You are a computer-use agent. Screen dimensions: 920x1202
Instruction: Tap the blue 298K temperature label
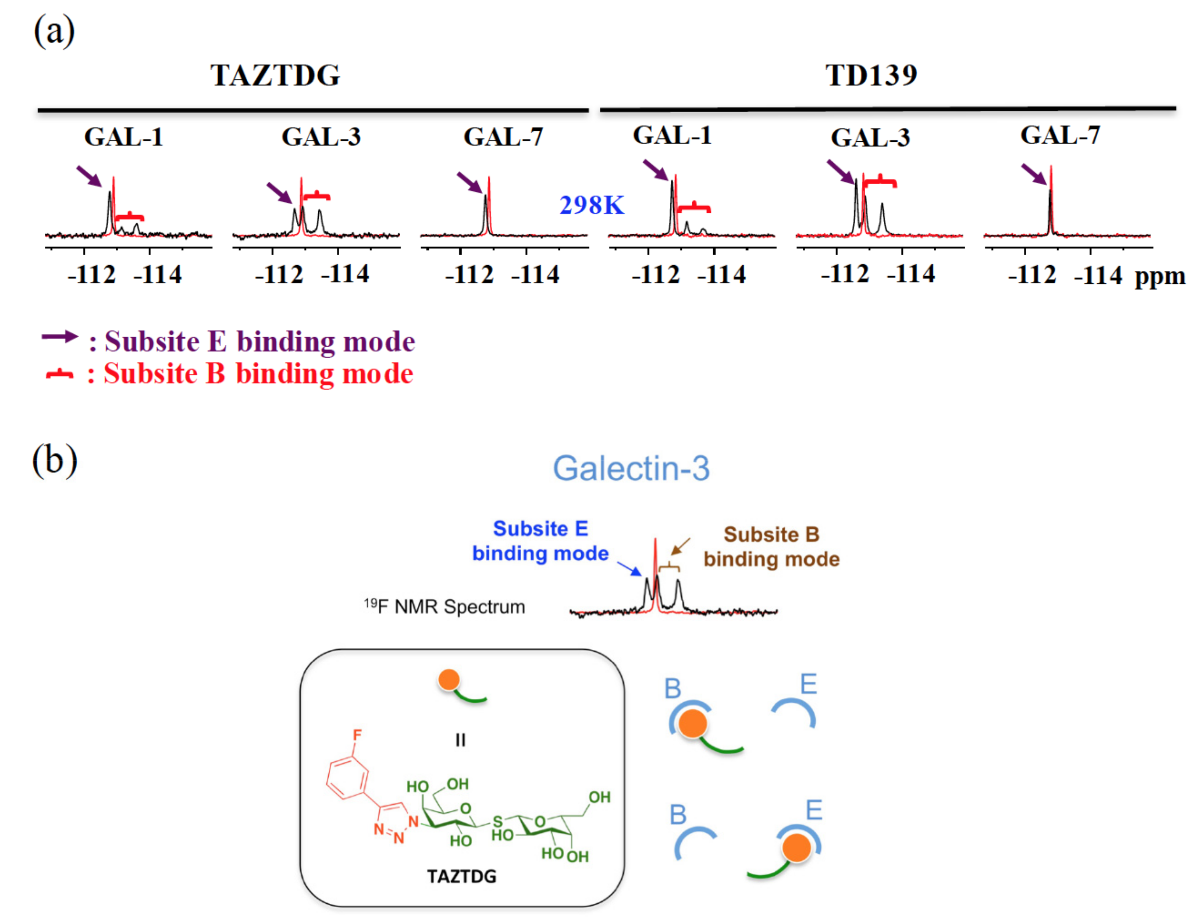coord(591,205)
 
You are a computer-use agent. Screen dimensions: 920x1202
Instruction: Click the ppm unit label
coord(1159,277)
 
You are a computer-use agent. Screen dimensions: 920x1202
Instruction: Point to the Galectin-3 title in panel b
coord(631,469)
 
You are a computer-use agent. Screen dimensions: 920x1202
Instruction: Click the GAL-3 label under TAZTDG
coord(321,137)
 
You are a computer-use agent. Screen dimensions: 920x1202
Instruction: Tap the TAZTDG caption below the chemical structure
coord(461,877)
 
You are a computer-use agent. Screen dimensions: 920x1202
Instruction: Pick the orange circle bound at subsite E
coord(796,847)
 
